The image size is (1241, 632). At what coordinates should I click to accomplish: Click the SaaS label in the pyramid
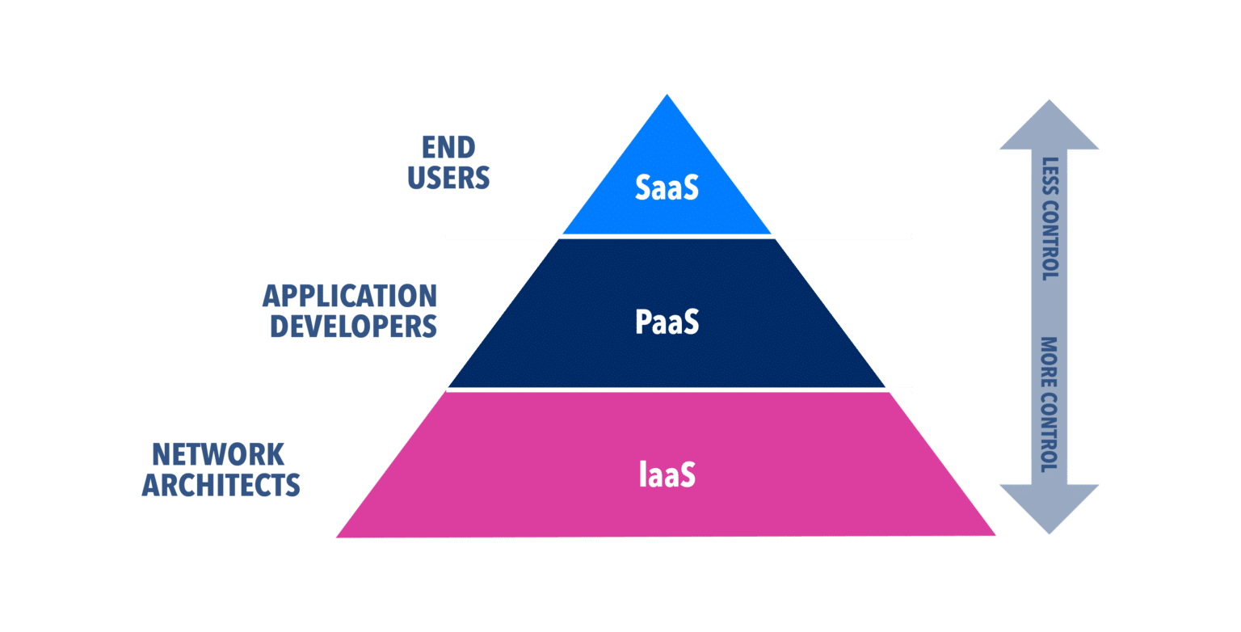tap(667, 187)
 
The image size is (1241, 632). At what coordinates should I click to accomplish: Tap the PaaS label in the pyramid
tap(667, 322)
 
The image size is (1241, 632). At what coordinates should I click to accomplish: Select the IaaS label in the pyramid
tap(667, 474)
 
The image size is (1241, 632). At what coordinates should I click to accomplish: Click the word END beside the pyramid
tap(449, 147)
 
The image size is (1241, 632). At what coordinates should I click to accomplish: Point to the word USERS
tap(449, 177)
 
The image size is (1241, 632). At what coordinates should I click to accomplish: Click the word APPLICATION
tap(350, 297)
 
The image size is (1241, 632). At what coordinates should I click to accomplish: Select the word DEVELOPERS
tap(354, 327)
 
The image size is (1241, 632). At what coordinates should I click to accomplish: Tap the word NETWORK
tap(219, 455)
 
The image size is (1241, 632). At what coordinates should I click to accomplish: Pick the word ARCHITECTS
tap(221, 486)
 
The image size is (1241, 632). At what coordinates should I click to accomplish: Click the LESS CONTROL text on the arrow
tap(1050, 218)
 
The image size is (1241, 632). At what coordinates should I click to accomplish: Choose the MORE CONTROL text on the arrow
tap(1050, 403)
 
